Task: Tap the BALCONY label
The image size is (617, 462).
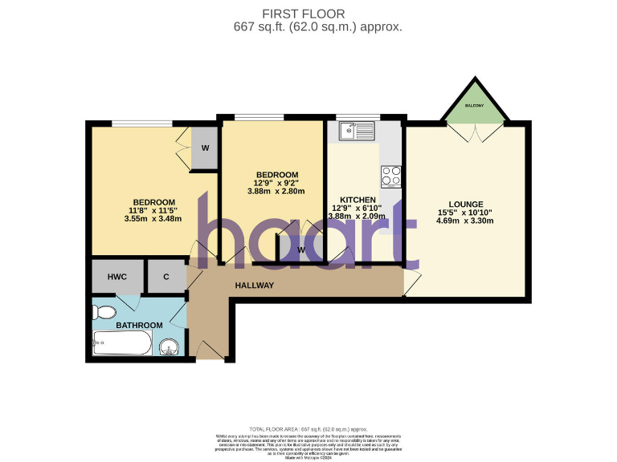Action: [474, 105]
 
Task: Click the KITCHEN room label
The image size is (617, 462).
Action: [358, 199]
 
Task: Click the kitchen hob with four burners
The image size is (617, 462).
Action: [390, 176]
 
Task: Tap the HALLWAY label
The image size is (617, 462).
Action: [255, 286]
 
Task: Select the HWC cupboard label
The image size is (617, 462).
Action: [118, 277]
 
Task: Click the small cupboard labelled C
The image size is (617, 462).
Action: [166, 277]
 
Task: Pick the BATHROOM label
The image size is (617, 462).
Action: [139, 326]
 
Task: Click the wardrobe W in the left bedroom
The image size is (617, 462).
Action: [205, 148]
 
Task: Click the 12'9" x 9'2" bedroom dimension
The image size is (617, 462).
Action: [276, 183]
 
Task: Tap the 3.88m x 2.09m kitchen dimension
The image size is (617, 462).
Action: [358, 217]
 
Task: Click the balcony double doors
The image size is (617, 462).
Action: [474, 132]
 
